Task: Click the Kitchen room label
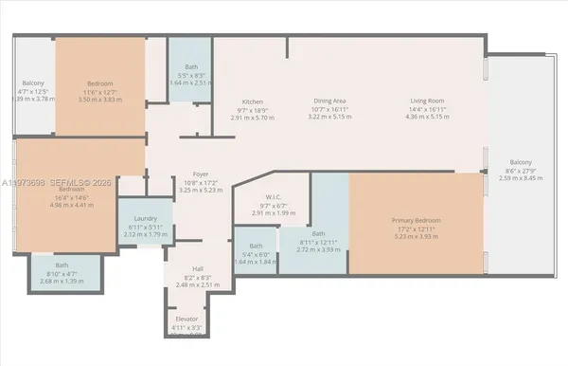coord(251,101)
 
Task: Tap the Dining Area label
coord(330,101)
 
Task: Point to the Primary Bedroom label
coord(417,221)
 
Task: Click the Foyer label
coord(200,174)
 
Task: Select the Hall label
coord(198,269)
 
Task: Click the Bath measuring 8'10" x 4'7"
coord(62,265)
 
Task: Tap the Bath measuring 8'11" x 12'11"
coord(317,234)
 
